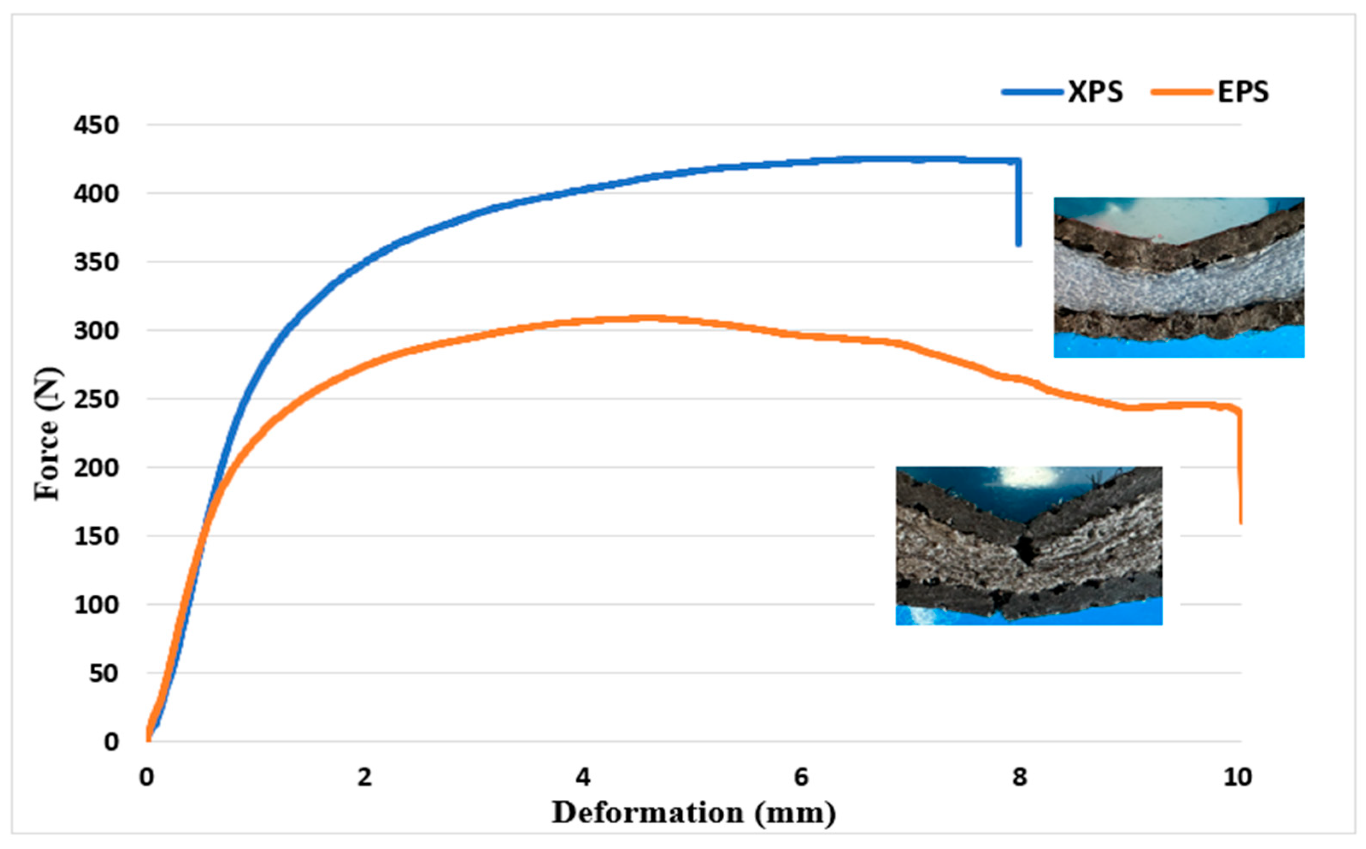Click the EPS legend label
click(1243, 92)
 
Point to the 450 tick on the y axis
click(97, 125)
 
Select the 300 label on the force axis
click(97, 331)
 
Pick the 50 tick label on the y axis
click(103, 674)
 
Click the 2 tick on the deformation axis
click(365, 777)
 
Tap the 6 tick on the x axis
click(801, 777)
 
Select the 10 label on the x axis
click(1237, 777)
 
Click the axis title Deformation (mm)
click(693, 813)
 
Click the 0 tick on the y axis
click(111, 742)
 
